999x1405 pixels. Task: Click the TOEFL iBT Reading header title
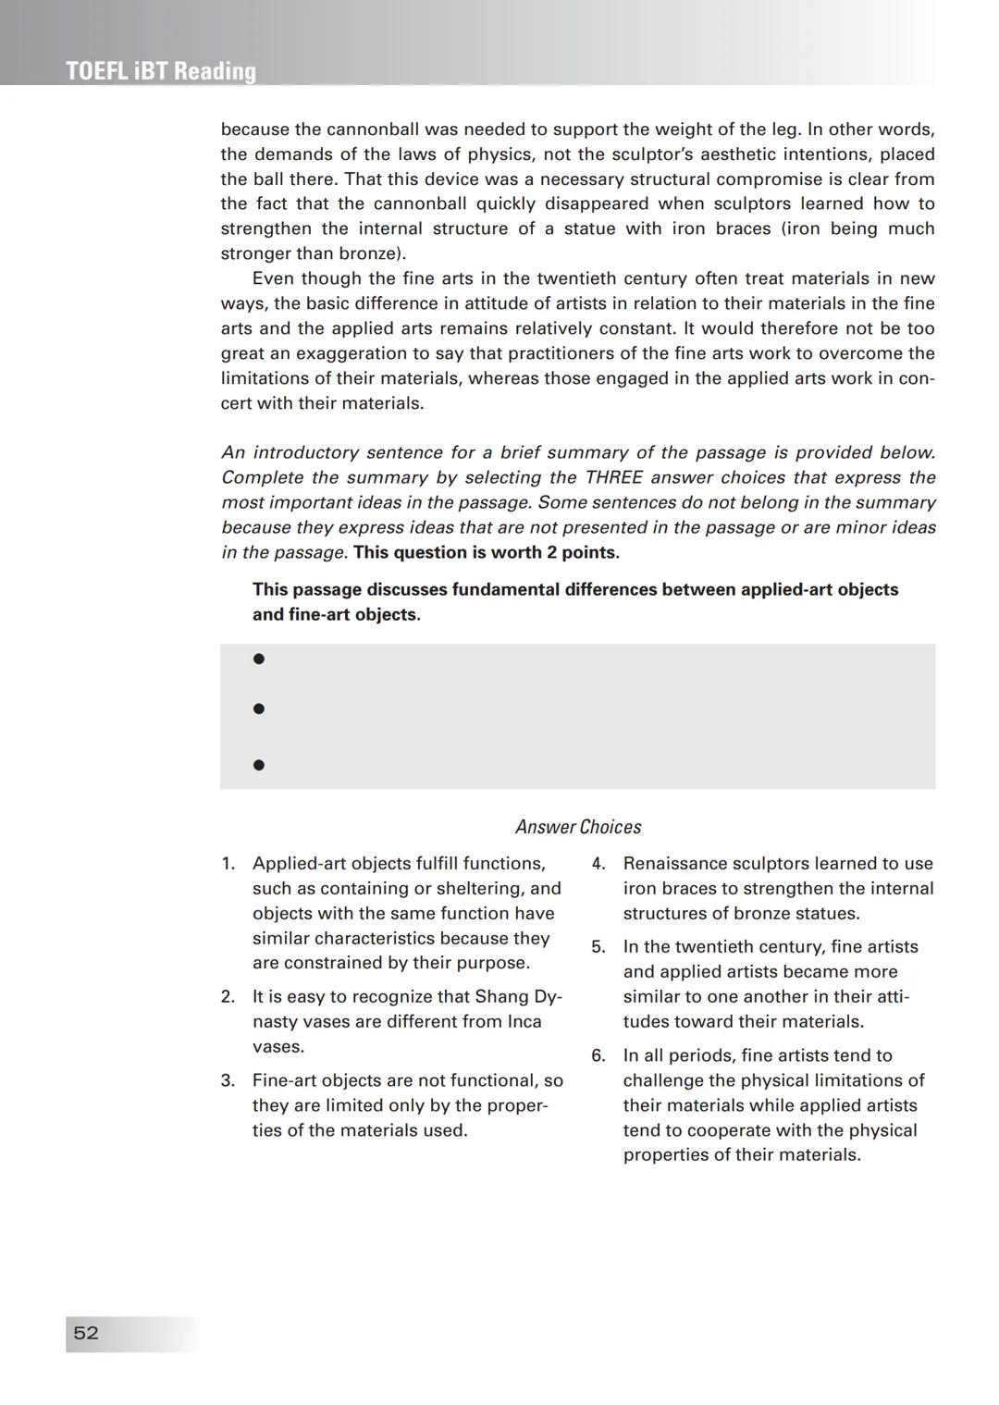tap(161, 71)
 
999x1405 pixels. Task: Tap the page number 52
tap(86, 1333)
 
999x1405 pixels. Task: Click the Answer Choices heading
tap(577, 827)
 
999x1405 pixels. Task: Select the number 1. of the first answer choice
tap(228, 864)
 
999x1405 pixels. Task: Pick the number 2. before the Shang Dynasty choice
tap(228, 997)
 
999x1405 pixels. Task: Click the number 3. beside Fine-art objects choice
tap(228, 1080)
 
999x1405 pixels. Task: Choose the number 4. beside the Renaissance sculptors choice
tap(598, 864)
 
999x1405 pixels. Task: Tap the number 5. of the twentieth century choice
tap(598, 947)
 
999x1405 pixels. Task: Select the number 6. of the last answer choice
tap(598, 1055)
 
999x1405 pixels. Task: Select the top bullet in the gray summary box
tap(259, 659)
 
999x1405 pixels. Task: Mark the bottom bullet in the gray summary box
tap(259, 765)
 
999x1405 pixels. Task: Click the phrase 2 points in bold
tap(579, 553)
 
